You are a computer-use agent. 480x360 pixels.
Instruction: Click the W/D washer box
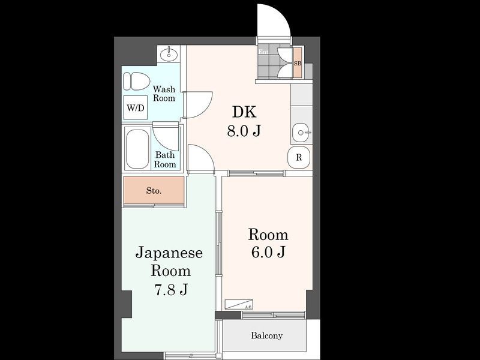tap(135, 108)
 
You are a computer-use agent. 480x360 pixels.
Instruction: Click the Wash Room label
tap(164, 94)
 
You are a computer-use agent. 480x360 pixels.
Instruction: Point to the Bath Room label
tap(166, 159)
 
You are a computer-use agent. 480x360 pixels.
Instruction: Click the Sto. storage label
tap(154, 191)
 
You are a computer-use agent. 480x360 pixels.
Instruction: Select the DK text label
tap(244, 112)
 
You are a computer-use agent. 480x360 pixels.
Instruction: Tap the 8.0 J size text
tap(244, 131)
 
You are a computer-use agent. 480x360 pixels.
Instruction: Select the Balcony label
tap(266, 335)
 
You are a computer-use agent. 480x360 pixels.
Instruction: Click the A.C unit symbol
tap(238, 304)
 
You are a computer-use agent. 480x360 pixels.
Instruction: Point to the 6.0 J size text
tap(268, 252)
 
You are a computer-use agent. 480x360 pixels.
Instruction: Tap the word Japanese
tap(169, 252)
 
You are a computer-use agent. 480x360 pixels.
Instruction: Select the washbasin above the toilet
tap(169, 55)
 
